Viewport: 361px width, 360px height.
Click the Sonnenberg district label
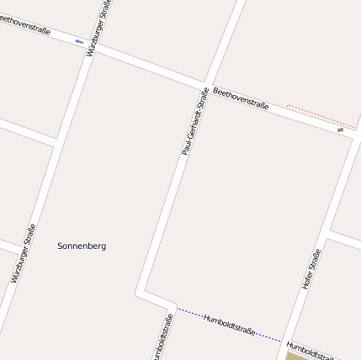click(x=82, y=246)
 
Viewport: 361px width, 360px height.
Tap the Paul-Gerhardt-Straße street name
click(x=194, y=121)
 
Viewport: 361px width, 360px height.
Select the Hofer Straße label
click(x=311, y=269)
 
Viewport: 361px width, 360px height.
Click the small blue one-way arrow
click(x=79, y=41)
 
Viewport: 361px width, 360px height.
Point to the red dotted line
click(x=321, y=115)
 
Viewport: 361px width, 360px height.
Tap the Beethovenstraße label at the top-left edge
click(x=25, y=24)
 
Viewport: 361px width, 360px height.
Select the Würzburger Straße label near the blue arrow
click(x=97, y=29)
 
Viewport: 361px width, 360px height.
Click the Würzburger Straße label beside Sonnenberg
click(x=24, y=252)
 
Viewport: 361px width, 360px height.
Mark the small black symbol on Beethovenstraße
click(x=341, y=130)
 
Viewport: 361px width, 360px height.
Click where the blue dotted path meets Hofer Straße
click(x=283, y=341)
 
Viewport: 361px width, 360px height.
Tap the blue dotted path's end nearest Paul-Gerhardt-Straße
click(x=178, y=308)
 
